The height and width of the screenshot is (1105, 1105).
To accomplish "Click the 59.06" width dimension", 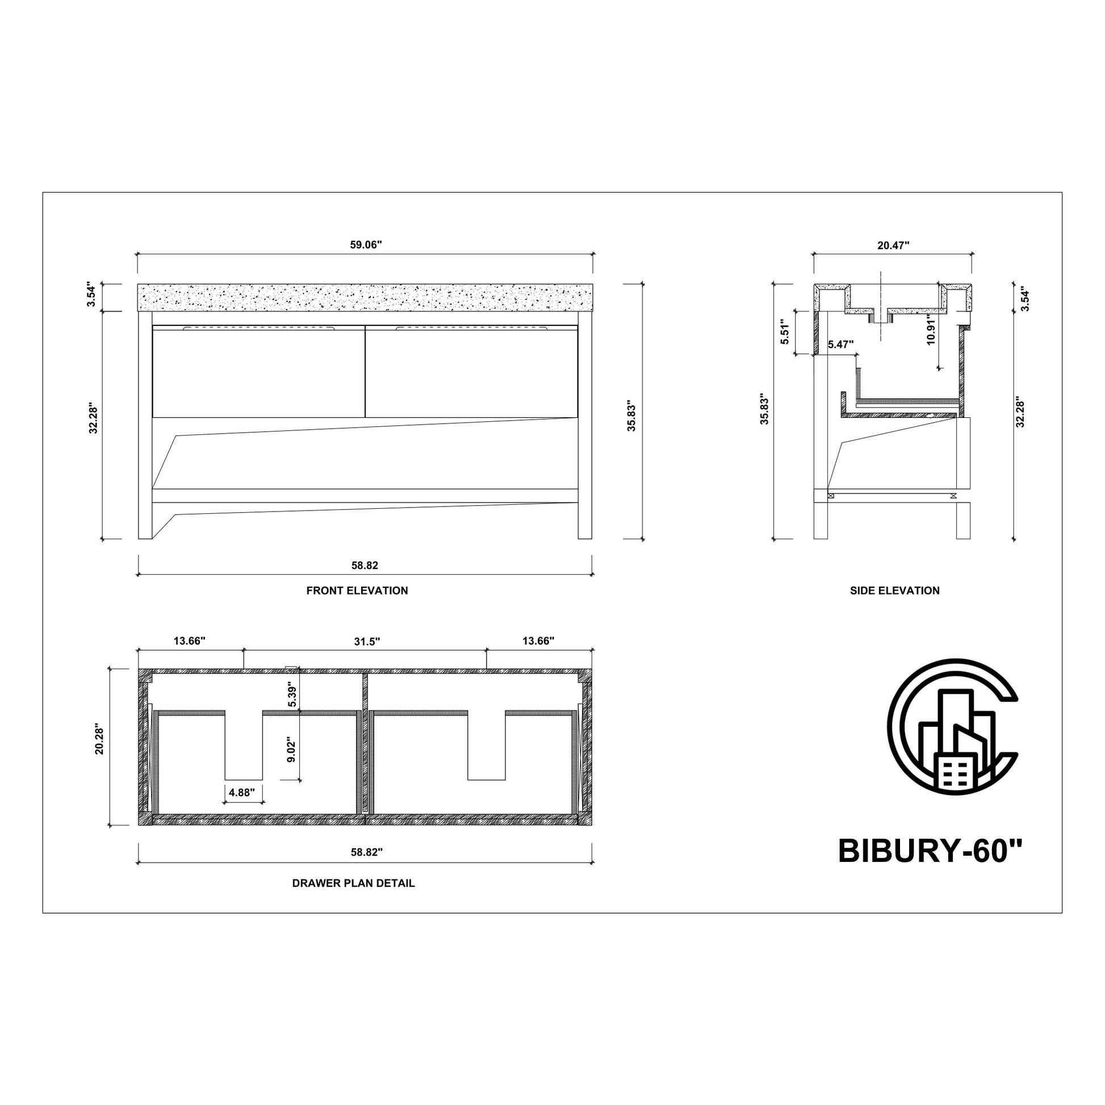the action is (x=366, y=245).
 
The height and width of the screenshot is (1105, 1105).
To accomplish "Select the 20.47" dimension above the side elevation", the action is (x=893, y=245).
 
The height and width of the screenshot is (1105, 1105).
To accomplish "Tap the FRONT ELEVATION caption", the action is (x=357, y=590).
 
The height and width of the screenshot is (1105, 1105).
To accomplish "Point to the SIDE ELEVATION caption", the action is (x=894, y=590).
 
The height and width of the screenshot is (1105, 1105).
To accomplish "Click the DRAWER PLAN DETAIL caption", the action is (x=353, y=883).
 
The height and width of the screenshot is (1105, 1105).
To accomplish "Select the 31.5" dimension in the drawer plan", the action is (x=367, y=641).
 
